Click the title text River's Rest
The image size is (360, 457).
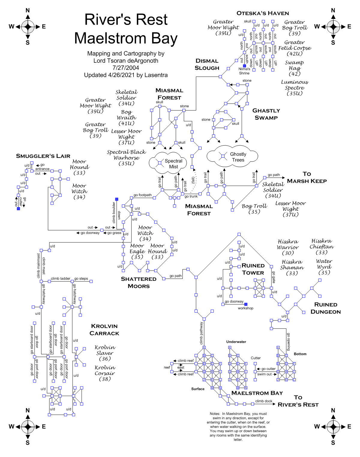click(x=126, y=20)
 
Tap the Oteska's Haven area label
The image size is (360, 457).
click(x=262, y=13)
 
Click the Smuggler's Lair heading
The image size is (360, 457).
click(x=43, y=156)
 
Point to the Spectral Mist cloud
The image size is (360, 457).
click(x=168, y=164)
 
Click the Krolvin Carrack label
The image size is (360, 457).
click(x=104, y=330)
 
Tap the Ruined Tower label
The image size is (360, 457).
click(x=253, y=269)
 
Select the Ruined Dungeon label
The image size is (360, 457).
click(x=325, y=308)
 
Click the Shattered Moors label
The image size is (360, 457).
click(x=139, y=282)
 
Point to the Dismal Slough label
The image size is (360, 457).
click(x=207, y=64)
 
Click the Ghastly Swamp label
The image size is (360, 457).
click(x=266, y=114)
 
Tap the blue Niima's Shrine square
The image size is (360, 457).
click(x=244, y=66)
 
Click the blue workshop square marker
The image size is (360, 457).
click(x=246, y=304)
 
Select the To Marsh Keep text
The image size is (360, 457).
click(x=307, y=177)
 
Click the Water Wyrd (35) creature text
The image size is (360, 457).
click(x=324, y=267)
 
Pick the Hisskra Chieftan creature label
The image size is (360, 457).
click(x=322, y=247)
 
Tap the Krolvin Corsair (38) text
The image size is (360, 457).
click(x=105, y=373)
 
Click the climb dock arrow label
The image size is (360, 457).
click(x=264, y=401)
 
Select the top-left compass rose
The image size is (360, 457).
click(x=28, y=27)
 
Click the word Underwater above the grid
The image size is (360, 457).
click(x=236, y=342)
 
